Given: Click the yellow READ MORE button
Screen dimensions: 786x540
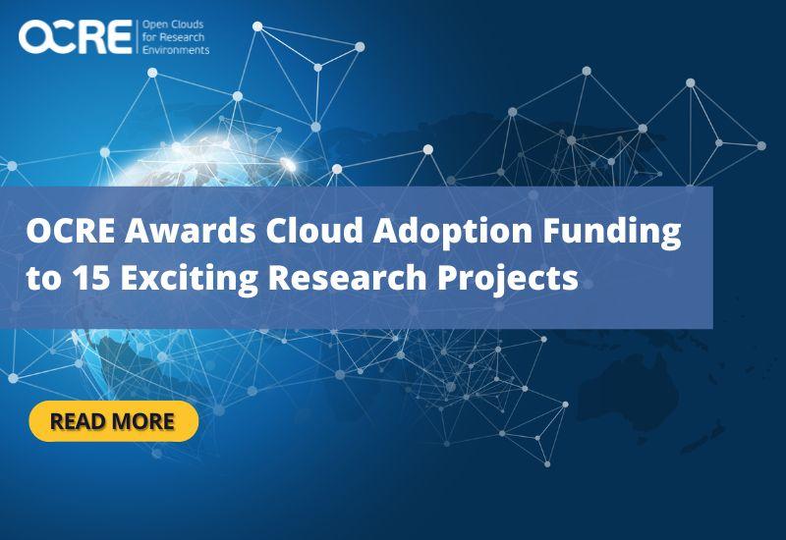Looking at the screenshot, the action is coord(114,421).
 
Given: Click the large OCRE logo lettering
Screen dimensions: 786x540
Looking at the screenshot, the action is coord(76,36).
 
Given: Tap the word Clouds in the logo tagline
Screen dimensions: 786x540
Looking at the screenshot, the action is coord(187,25).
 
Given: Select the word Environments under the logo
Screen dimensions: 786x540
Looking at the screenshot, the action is coord(176,50).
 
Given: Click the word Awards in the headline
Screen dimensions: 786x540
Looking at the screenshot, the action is coord(191,231).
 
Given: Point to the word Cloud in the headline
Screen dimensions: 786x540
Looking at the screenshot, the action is coord(314,230).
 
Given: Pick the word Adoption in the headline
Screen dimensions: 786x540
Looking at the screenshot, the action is coord(452,232).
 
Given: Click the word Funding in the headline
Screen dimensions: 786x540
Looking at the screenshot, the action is coord(612,232).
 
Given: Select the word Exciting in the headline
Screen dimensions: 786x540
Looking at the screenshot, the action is coord(190,279).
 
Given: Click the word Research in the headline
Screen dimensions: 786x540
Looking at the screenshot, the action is coord(348,277).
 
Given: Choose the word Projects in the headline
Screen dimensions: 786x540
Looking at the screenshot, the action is coord(508,279).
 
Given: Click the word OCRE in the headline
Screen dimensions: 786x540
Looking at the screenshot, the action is coord(71,231).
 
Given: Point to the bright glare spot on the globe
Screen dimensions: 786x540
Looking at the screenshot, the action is coord(287,163).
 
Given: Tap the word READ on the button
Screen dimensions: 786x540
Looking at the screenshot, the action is coord(79,421).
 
